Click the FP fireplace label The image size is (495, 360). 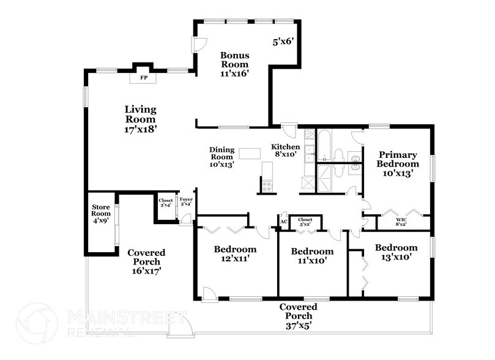(144, 77)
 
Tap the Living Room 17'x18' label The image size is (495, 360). (141, 119)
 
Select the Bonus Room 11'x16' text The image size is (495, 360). (235, 64)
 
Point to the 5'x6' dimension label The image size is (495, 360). (283, 42)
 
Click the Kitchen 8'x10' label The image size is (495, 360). (285, 151)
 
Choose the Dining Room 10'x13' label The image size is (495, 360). (222, 157)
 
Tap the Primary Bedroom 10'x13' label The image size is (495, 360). (398, 164)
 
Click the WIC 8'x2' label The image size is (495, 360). (401, 222)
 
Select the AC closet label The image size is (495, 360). (284, 222)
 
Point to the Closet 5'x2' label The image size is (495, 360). (305, 222)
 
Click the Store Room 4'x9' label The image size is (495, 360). (101, 214)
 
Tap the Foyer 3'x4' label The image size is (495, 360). (186, 201)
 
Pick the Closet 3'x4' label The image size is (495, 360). (166, 203)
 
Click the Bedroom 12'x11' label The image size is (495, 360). (235, 254)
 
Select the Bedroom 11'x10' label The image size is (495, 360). (312, 256)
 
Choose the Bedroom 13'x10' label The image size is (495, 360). (396, 252)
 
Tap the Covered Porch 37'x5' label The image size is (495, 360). (299, 316)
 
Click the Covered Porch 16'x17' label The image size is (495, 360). (146, 261)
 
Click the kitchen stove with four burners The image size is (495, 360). (267, 186)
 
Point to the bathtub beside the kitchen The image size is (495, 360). (324, 146)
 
